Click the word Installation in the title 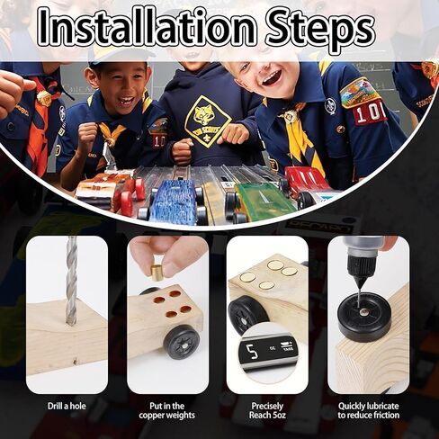coord(148,28)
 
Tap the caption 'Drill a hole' coord(67,406)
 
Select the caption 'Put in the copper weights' coord(166,410)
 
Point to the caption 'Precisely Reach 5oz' coord(267,410)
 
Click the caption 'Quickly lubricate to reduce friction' coord(369,410)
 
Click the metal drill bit coord(71,281)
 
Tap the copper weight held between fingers coord(157,273)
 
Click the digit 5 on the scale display coord(252,351)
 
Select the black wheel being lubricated coord(364,318)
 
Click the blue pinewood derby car coord(173,201)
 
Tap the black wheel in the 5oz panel coord(246,314)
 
